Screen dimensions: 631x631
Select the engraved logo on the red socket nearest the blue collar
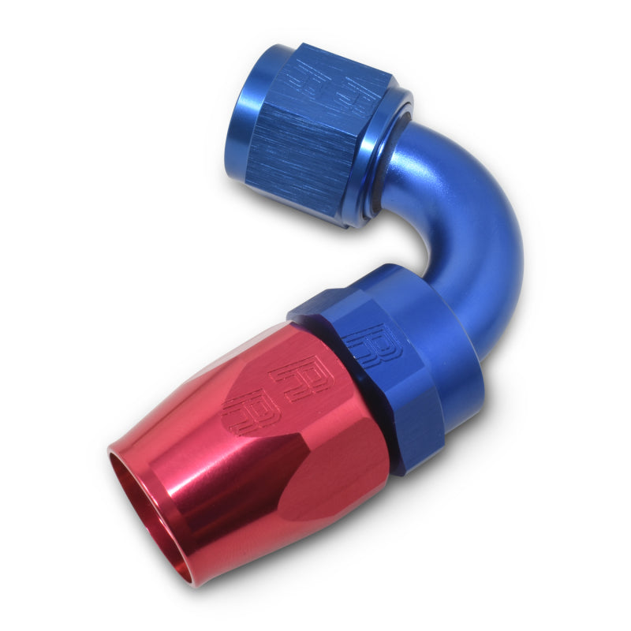tap(301, 378)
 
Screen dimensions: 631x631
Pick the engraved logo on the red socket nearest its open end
tap(250, 406)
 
